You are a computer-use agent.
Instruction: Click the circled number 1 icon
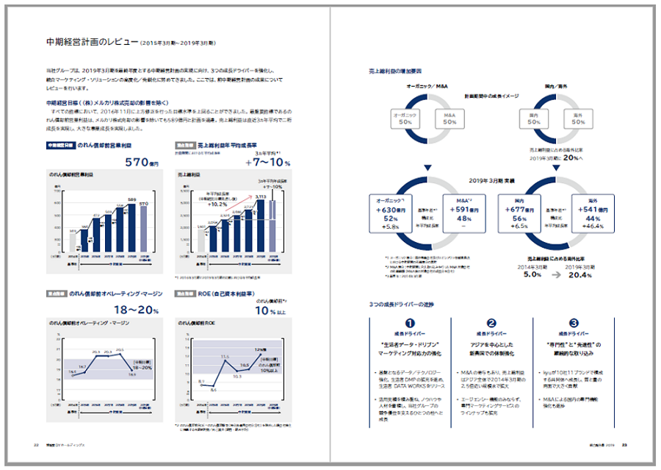pos(411,323)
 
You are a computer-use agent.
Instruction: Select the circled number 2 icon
pos(491,323)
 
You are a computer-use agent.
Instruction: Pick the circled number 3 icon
pos(573,323)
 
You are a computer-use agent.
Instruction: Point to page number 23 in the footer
pos(624,444)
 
